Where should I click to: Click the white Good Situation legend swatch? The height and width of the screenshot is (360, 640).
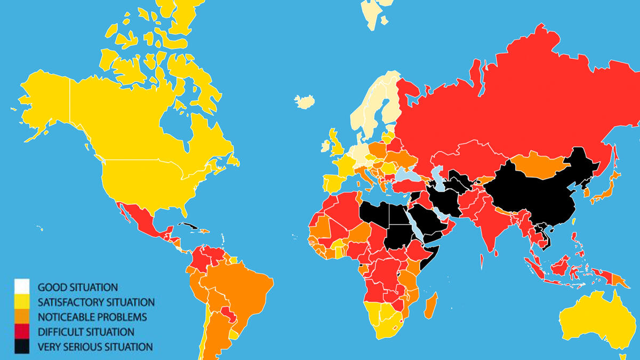(22, 287)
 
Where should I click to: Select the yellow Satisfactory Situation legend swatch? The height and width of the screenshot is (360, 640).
(22, 302)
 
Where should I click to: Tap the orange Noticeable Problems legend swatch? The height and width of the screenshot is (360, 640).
(22, 317)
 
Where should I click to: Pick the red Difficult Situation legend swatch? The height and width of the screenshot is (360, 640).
(22, 332)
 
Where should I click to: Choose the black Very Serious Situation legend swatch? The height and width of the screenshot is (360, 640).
(22, 347)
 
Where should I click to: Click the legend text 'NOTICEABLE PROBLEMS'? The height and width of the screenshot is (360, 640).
(92, 317)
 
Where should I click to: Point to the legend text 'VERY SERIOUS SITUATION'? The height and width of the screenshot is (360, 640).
(95, 347)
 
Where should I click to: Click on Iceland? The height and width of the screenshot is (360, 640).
(305, 101)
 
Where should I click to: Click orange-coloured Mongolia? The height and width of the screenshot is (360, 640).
(539, 163)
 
